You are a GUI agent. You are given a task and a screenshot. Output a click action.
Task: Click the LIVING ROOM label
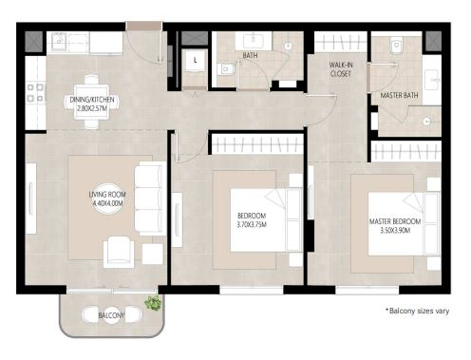point(107,194)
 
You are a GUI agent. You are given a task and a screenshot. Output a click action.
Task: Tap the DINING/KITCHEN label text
point(92,100)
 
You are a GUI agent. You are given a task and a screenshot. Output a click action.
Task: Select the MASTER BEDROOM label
point(395,221)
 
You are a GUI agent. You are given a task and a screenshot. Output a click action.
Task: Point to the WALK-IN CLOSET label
point(341,69)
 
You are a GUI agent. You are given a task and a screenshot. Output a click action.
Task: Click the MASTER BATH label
point(399,95)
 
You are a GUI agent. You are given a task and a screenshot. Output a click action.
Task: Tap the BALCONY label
point(111,315)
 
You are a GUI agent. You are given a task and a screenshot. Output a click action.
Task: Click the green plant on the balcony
point(153,303)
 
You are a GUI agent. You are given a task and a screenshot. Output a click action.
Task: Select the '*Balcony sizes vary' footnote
point(417,311)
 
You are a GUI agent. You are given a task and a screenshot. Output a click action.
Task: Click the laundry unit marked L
point(195,61)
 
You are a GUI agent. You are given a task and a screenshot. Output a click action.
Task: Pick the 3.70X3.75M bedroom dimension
point(252,225)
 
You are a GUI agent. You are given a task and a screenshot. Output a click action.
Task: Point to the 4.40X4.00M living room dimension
point(107,203)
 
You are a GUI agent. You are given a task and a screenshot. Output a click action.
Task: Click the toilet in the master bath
point(396,46)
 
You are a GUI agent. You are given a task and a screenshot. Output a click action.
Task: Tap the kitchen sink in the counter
point(59,41)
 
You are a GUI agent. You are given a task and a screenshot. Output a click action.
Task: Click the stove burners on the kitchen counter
point(35,93)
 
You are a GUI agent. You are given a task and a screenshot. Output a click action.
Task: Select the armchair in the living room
point(119,252)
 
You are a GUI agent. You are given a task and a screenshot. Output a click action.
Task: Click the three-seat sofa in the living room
point(151,199)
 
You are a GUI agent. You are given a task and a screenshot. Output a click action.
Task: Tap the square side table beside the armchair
point(153,255)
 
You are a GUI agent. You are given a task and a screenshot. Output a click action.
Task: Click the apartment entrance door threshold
point(144,26)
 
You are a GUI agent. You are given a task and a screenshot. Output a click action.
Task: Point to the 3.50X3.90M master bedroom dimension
point(395,230)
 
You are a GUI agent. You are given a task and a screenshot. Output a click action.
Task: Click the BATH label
point(250,55)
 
